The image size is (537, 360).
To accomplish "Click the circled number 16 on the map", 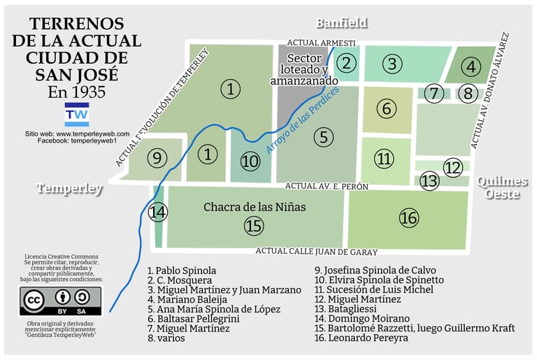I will [x=408, y=218].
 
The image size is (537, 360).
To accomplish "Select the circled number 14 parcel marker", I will [x=159, y=212].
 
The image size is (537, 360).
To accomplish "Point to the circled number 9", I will [x=158, y=158].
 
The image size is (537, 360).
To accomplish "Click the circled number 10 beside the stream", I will [x=250, y=161].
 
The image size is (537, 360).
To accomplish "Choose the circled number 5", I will [x=322, y=137].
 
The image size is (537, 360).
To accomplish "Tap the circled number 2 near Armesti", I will [x=345, y=63].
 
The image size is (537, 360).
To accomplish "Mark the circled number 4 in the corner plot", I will [x=471, y=67].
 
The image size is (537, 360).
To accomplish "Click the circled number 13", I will [x=429, y=181].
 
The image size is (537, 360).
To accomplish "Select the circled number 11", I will [x=384, y=159].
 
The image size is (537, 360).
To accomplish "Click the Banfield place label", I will [x=341, y=23].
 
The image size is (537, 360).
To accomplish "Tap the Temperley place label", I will [x=69, y=189].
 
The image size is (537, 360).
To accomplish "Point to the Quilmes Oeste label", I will [x=502, y=187].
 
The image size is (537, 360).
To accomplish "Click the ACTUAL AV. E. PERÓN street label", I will [x=327, y=187].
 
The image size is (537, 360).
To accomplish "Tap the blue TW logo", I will [x=76, y=114].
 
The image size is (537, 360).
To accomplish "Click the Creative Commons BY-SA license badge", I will [x=64, y=301].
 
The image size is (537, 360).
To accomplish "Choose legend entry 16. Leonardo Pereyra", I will [x=361, y=338].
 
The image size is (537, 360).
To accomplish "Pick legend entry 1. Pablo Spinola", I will [x=182, y=270].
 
